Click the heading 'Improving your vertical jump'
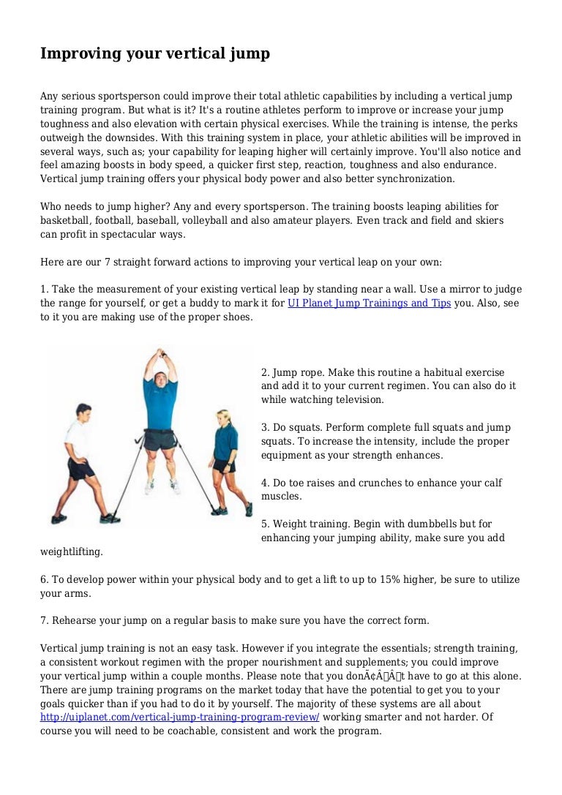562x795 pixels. coord(154,53)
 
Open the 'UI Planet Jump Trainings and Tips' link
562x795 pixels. coord(369,303)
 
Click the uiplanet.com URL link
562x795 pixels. coord(179,717)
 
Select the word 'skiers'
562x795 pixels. coord(488,220)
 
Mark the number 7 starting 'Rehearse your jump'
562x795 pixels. coord(44,621)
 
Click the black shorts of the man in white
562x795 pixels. coord(81,468)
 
